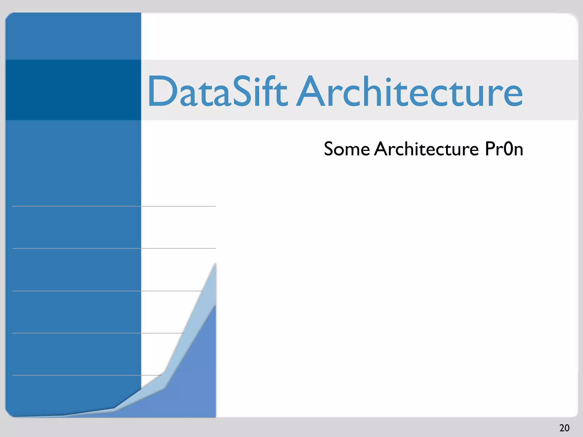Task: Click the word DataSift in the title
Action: click(x=217, y=92)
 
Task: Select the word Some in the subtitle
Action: click(x=347, y=149)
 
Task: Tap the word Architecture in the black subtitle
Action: click(x=426, y=149)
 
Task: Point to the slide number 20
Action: click(x=564, y=428)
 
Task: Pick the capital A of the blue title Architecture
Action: click(x=312, y=91)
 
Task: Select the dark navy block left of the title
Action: click(x=73, y=90)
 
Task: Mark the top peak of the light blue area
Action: click(x=215, y=264)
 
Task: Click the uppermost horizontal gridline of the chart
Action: click(x=114, y=206)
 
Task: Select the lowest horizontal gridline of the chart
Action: click(x=85, y=375)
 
